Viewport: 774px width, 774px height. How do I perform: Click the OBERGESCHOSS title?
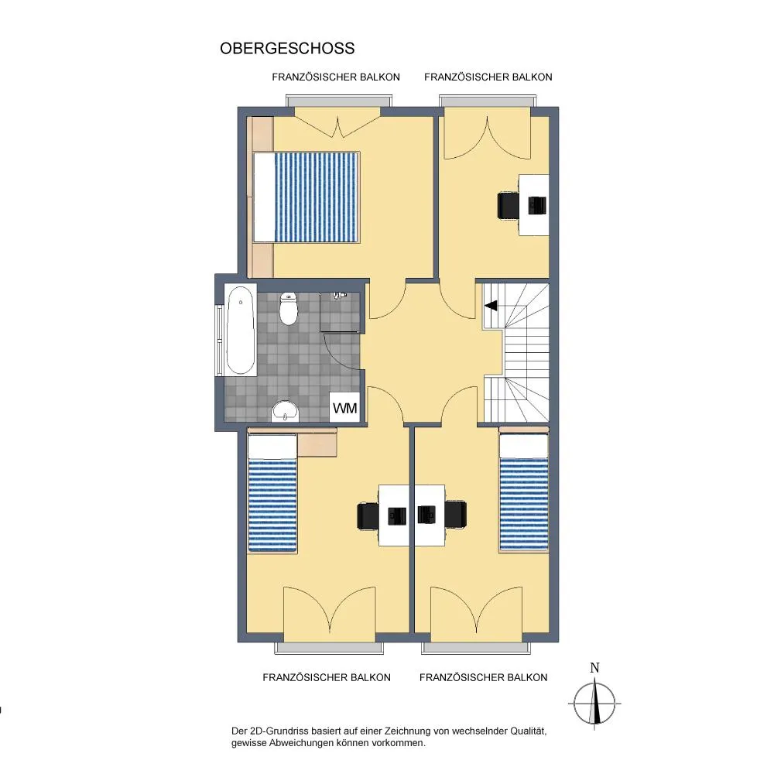(x=287, y=48)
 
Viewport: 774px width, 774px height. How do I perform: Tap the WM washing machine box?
(x=344, y=408)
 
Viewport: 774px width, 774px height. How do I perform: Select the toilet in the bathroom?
(x=288, y=309)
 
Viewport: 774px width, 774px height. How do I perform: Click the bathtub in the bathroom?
(x=241, y=330)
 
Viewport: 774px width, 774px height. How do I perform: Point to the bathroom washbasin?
(x=286, y=411)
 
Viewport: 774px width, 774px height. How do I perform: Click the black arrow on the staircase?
(x=491, y=306)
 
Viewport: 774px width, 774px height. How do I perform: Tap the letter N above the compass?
(x=594, y=668)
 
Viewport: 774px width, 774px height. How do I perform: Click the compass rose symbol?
(x=594, y=703)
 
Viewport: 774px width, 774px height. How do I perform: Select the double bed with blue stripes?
(x=306, y=197)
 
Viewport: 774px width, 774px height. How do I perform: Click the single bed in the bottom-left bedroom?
(x=272, y=492)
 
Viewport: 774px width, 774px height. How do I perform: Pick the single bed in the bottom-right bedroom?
(x=524, y=492)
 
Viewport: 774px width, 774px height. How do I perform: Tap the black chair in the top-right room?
(x=508, y=205)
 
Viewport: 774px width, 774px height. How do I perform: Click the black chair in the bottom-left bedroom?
(x=368, y=515)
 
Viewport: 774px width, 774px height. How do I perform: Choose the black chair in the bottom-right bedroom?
(x=455, y=515)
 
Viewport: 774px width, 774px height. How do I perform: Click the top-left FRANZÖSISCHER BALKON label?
(x=336, y=77)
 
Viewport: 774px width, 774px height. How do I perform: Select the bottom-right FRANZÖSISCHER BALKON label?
(x=483, y=677)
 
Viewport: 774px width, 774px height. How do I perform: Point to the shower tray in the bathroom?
(x=340, y=311)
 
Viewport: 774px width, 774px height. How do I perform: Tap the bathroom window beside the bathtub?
(x=218, y=341)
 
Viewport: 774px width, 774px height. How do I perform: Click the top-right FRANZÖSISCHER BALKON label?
(x=488, y=77)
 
